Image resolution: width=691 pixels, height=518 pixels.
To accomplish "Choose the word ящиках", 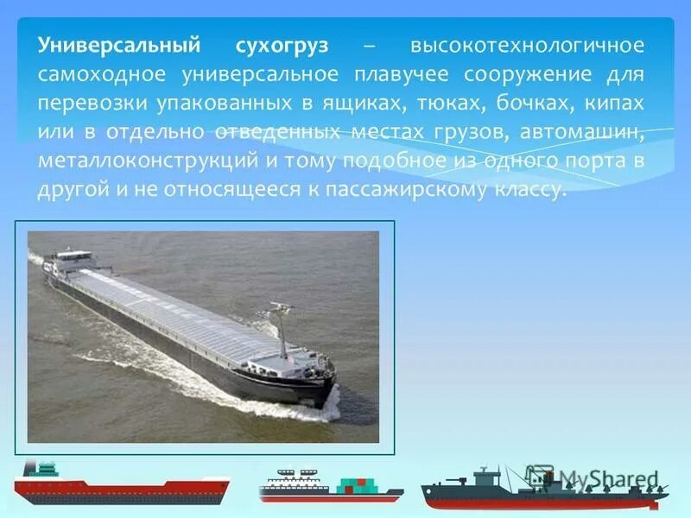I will pyautogui.click(x=371, y=103).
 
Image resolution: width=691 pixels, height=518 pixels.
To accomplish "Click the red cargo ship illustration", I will pyautogui.click(x=121, y=485).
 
